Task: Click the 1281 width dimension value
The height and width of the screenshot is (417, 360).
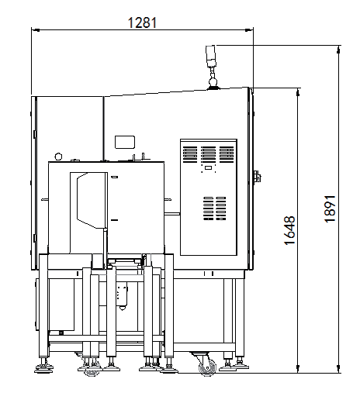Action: pyautogui.click(x=142, y=22)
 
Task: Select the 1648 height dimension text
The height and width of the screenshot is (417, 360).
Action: pyautogui.click(x=289, y=230)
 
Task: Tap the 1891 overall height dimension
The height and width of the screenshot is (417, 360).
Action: pyautogui.click(x=330, y=209)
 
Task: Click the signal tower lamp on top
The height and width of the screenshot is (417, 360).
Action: pyautogui.click(x=211, y=56)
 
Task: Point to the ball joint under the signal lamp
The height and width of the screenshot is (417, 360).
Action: pyautogui.click(x=213, y=81)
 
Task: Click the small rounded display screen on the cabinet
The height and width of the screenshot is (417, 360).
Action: pyautogui.click(x=125, y=142)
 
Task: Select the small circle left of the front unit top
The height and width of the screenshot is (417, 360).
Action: pyautogui.click(x=58, y=157)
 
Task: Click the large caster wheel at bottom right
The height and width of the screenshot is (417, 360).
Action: pyautogui.click(x=207, y=367)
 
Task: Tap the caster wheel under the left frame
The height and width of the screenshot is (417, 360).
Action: pyautogui.click(x=91, y=369)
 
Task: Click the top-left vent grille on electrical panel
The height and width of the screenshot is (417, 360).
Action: pyautogui.click(x=190, y=154)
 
